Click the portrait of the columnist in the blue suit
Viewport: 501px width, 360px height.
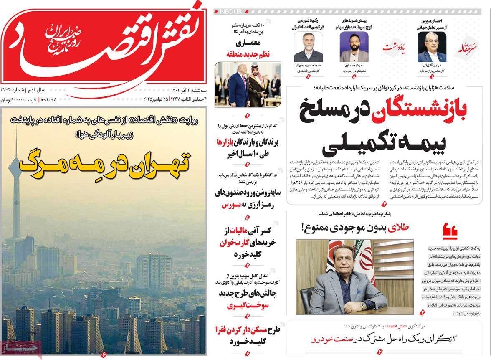432,47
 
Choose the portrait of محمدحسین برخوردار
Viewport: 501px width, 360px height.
308,47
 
